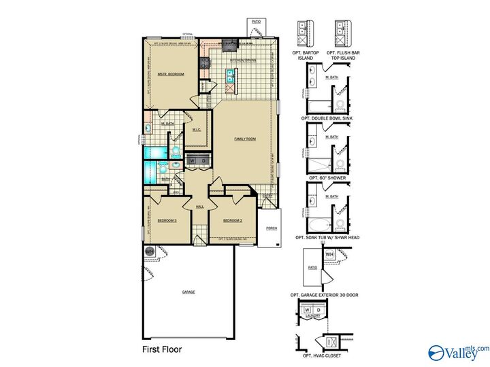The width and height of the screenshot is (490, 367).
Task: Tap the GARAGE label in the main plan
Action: tap(189, 292)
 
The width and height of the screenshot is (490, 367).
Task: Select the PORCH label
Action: tap(272, 228)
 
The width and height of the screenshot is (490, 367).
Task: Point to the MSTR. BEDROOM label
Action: tap(171, 74)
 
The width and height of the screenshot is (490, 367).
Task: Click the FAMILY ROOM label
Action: tap(245, 139)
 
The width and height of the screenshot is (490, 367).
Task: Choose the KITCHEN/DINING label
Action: tap(243, 60)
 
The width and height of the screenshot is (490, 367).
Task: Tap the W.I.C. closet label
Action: tap(196, 130)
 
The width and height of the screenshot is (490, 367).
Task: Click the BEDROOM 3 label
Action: tap(167, 221)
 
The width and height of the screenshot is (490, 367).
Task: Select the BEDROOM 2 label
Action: tap(233, 221)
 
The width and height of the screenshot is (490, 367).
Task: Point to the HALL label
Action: tap(200, 207)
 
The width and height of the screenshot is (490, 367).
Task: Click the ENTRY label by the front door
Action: tap(268, 196)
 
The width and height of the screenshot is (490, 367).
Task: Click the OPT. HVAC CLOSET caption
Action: tap(323, 356)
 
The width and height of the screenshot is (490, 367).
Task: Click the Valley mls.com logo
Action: tap(457, 351)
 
